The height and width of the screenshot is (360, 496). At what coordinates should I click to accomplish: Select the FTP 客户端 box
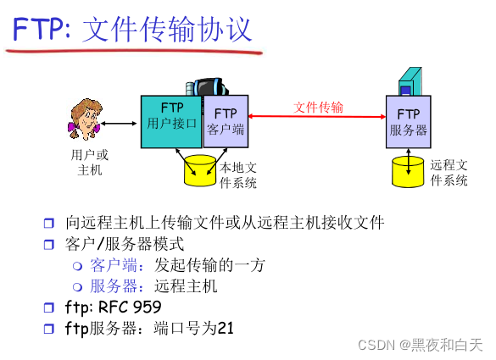tap(226, 122)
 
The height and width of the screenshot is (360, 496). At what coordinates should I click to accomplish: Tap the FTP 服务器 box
tap(408, 122)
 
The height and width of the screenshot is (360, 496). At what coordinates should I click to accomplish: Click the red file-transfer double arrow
tap(318, 119)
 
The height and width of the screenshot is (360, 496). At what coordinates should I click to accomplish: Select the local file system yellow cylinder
tap(200, 170)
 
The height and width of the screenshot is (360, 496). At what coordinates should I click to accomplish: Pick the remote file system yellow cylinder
tap(408, 171)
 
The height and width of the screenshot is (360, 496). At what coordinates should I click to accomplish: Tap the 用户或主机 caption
tap(89, 163)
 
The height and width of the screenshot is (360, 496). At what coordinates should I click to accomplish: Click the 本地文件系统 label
tap(238, 175)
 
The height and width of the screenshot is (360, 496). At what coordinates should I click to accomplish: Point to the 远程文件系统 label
tap(449, 173)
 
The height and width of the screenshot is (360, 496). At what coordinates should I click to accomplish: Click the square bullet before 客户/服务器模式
tap(48, 245)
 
